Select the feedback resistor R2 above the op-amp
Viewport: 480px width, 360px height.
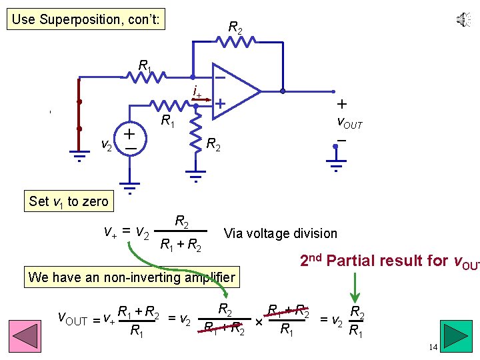235,42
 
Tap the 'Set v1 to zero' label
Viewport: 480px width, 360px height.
68,201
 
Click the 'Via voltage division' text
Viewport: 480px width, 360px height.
281,233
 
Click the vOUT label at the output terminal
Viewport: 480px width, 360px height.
349,124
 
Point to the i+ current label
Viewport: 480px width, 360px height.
197,91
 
